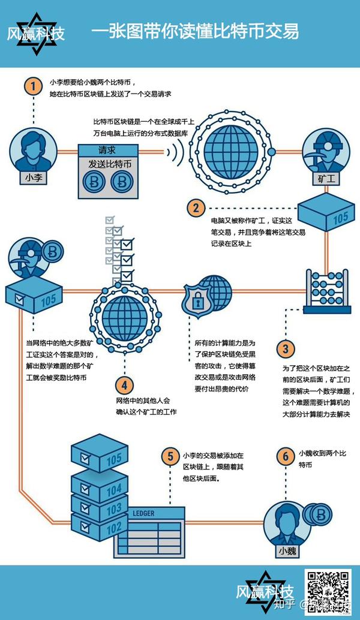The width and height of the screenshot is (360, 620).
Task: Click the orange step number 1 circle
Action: [x=33, y=86]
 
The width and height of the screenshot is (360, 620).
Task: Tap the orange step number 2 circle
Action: [x=196, y=208]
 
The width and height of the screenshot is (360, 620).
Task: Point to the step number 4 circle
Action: [x=124, y=384]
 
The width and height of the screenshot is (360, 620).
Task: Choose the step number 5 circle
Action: [x=169, y=456]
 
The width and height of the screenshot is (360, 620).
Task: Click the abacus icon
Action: [x=326, y=291]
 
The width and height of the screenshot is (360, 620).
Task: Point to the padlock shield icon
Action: [x=196, y=300]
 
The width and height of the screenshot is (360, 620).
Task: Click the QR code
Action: [x=328, y=592]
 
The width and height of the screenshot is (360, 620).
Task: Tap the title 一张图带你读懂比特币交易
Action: [x=195, y=32]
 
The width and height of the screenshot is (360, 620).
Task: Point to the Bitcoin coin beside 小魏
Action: [x=322, y=513]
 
